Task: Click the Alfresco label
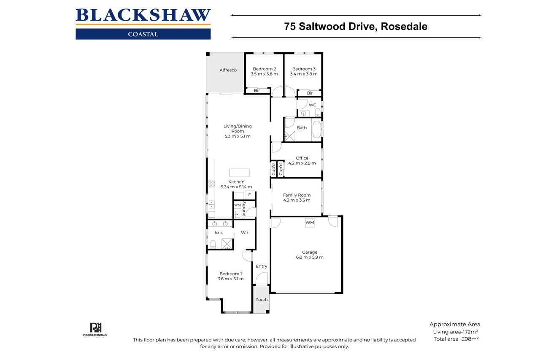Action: click(x=228, y=70)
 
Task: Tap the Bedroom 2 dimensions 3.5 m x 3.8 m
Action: click(x=264, y=74)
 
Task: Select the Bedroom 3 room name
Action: click(x=304, y=69)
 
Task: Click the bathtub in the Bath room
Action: click(x=316, y=130)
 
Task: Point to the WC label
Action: click(x=313, y=105)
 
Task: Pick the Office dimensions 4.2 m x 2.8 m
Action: click(x=302, y=163)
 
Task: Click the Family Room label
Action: click(x=297, y=195)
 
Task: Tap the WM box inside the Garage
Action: click(x=310, y=222)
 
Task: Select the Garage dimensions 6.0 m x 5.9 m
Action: click(x=310, y=257)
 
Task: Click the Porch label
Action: click(x=262, y=300)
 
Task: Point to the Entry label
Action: click(x=262, y=266)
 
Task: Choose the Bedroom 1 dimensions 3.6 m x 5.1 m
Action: click(x=230, y=279)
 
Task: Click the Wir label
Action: click(x=244, y=233)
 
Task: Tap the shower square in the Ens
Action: click(x=227, y=244)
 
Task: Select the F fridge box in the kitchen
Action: click(x=249, y=195)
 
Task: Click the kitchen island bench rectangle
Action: click(x=239, y=173)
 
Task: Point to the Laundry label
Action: click(x=243, y=209)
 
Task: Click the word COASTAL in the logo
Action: click(x=143, y=34)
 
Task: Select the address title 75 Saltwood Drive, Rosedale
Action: click(x=356, y=27)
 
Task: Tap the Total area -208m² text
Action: click(x=456, y=339)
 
